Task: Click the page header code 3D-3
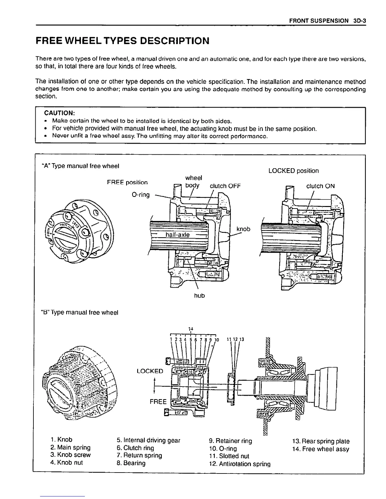pyautogui.click(x=359, y=21)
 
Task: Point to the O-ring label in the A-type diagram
pyautogui.click(x=140, y=195)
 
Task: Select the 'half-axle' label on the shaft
pyautogui.click(x=178, y=235)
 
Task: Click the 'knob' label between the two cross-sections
pyautogui.click(x=243, y=229)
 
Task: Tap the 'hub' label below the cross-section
pyautogui.click(x=199, y=295)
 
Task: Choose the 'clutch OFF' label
pyautogui.click(x=225, y=186)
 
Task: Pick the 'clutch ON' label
pyautogui.click(x=320, y=186)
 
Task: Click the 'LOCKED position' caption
pyautogui.click(x=293, y=171)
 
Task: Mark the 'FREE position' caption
pyautogui.click(x=127, y=182)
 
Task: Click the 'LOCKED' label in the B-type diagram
pyautogui.click(x=150, y=371)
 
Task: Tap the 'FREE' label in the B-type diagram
pyautogui.click(x=158, y=402)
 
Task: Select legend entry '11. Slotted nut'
pyautogui.click(x=229, y=456)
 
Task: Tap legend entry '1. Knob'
pyautogui.click(x=61, y=439)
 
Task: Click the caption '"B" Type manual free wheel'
pyautogui.click(x=79, y=313)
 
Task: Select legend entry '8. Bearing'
pyautogui.click(x=131, y=463)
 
